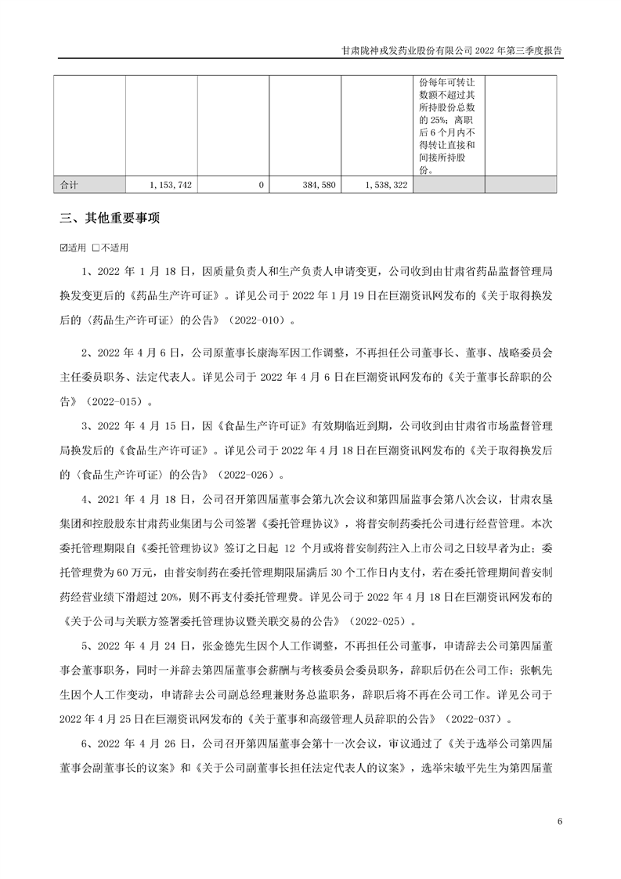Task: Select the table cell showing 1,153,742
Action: coord(170,185)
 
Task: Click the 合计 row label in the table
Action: coord(70,185)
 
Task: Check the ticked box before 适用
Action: coord(63,248)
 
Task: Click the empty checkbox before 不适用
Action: coord(94,248)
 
